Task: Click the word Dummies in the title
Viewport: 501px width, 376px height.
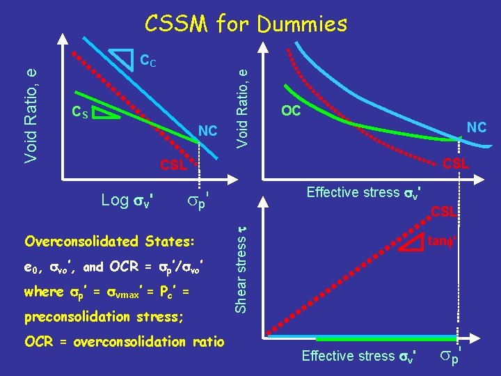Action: pyautogui.click(x=302, y=24)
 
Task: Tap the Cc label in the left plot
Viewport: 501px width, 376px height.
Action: pyautogui.click(x=148, y=61)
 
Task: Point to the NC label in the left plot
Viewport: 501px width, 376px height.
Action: pyautogui.click(x=208, y=131)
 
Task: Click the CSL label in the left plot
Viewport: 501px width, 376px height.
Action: pyautogui.click(x=173, y=166)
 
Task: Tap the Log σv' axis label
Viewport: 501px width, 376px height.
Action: pyautogui.click(x=127, y=201)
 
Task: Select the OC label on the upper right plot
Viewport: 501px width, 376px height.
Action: pyautogui.click(x=290, y=111)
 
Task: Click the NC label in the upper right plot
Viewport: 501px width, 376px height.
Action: pyautogui.click(x=476, y=127)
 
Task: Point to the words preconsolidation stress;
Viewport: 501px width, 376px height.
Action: pyautogui.click(x=104, y=317)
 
